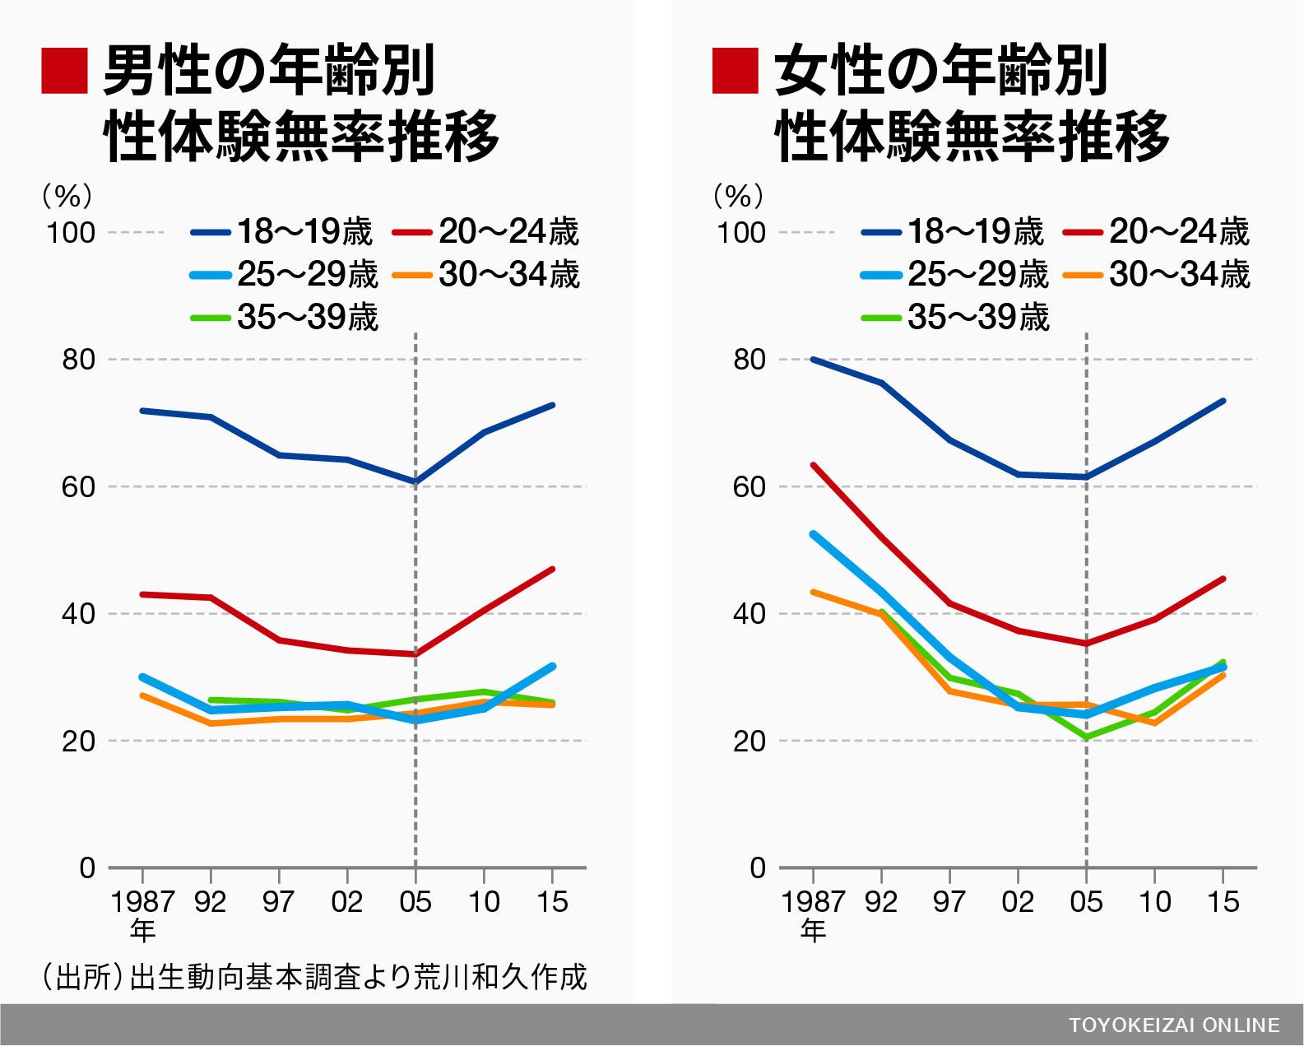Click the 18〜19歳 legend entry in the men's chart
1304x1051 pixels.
281,231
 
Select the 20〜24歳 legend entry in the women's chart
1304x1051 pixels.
1156,231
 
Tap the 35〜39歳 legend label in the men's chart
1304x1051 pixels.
285,317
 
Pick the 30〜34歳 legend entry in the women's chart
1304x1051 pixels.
1156,275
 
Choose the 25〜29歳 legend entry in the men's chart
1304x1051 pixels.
285,275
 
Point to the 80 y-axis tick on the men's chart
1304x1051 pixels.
79,360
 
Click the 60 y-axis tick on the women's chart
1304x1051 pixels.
749,486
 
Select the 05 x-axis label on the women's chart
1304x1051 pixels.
1086,902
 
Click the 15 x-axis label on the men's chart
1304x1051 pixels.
552,902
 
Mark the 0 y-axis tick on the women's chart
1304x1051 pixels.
758,868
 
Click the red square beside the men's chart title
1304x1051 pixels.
64,71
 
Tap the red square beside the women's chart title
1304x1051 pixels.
735,71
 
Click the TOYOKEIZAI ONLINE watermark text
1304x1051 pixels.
1174,1025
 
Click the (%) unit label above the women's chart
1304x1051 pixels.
738,196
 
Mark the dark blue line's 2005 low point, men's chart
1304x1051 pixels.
415,482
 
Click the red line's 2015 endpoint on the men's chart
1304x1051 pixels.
552,570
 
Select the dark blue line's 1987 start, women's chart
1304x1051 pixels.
813,360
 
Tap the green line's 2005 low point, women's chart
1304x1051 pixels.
1086,737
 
